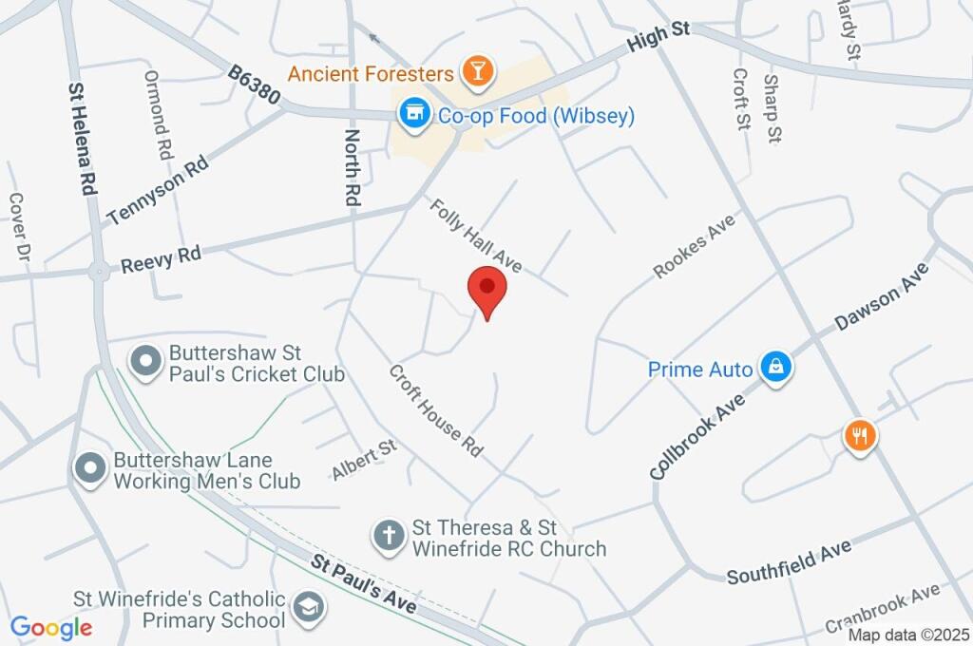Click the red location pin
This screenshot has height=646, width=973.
[x=487, y=290]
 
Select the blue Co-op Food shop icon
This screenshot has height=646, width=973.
[x=412, y=115]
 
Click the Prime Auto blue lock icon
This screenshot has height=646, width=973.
[x=776, y=368]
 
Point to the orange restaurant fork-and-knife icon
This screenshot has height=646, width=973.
[x=860, y=436]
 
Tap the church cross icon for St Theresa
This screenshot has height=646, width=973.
[x=389, y=535]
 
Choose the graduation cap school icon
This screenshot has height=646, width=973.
[x=308, y=606]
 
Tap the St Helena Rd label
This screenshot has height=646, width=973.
[x=83, y=139]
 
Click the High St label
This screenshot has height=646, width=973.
[x=658, y=40]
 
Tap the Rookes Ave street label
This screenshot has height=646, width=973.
[x=696, y=245]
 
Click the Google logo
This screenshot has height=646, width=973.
[x=51, y=627]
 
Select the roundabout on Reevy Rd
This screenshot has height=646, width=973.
[x=98, y=272]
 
